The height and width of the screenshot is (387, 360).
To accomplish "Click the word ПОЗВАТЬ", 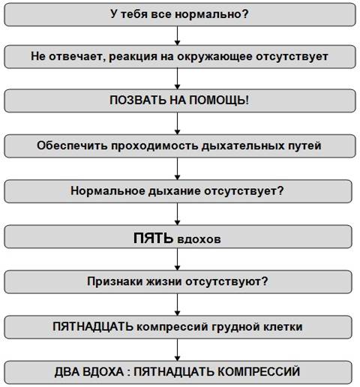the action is tap(138, 100).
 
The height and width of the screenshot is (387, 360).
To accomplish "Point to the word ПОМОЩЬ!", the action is tap(219, 100).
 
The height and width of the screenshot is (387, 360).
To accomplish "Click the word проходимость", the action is tap(154, 146).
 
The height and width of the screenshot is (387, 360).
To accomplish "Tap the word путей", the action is tap(304, 146).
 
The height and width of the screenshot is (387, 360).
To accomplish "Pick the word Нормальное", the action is tap(108, 191).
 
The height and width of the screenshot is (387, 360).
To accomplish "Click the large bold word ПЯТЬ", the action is tap(153, 238).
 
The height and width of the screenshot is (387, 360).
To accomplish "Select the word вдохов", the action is tap(199, 239).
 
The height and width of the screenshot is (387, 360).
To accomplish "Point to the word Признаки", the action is tap(115, 282).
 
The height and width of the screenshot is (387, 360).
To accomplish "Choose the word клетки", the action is tap(283, 327).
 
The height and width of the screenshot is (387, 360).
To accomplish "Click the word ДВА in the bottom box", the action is tap(67, 372).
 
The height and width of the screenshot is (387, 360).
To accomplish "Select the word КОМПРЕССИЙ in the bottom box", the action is tap(259, 372).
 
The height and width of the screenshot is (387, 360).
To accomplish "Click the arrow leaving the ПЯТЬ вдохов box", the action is tap(177, 259).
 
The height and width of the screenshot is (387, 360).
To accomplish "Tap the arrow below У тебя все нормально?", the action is tap(177, 36).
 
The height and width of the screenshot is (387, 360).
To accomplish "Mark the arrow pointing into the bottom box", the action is tap(177, 349).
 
